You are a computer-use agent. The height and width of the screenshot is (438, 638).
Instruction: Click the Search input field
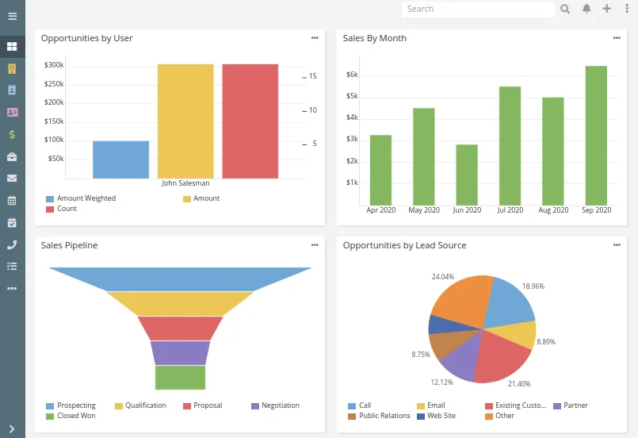click(x=478, y=10)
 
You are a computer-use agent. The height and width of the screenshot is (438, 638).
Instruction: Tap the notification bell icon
click(x=586, y=10)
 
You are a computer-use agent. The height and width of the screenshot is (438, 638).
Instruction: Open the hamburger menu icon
click(x=12, y=16)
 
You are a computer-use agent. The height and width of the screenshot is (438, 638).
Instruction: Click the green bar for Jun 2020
click(x=467, y=174)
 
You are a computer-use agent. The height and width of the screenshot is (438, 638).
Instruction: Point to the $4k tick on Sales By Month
click(x=353, y=117)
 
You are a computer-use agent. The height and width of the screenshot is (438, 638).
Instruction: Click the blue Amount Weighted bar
click(x=120, y=159)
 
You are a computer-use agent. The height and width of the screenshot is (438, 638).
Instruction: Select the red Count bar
click(x=250, y=121)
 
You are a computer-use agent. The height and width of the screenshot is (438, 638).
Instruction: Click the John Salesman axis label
click(x=185, y=183)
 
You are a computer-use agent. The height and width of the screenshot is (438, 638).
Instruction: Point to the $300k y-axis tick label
click(x=54, y=65)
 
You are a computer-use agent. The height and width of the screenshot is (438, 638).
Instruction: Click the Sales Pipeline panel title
click(x=70, y=246)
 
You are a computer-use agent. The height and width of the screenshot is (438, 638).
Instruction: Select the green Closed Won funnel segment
click(x=180, y=378)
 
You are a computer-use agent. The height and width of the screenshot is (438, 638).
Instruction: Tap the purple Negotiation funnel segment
click(x=180, y=352)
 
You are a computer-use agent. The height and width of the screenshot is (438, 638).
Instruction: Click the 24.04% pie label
click(x=442, y=277)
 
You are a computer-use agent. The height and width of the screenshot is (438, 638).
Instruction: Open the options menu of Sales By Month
click(x=617, y=38)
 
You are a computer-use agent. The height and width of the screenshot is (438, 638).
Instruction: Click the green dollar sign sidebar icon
click(x=12, y=134)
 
